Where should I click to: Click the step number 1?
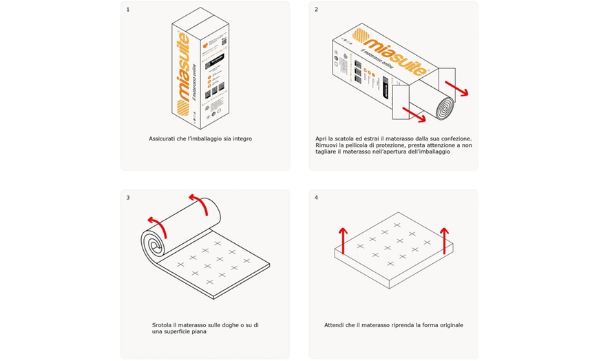click(x=128, y=10)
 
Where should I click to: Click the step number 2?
click(x=316, y=10)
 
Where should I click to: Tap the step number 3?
click(x=128, y=198)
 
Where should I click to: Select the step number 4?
click(x=316, y=198)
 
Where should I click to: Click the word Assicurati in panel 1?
click(x=162, y=138)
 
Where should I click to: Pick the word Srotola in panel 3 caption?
click(x=162, y=324)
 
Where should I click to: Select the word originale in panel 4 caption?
click(x=448, y=324)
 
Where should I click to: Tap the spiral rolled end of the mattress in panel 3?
click(x=155, y=243)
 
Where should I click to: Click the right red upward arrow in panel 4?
click(x=445, y=238)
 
